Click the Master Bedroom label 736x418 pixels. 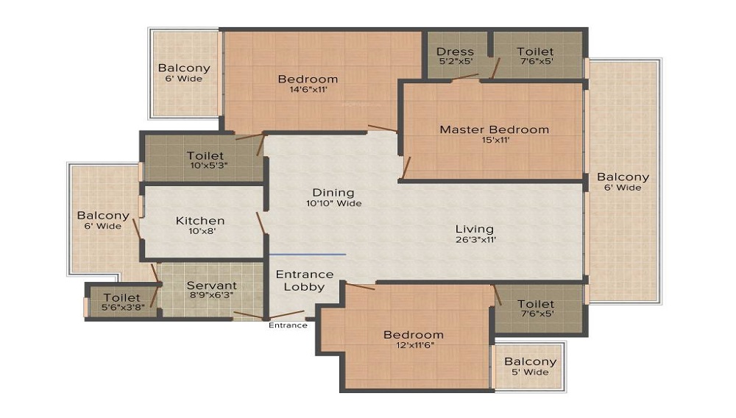(495, 130)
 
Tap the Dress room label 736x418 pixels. (455, 52)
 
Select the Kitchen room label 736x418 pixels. (200, 221)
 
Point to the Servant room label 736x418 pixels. (212, 286)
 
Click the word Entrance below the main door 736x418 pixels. (288, 325)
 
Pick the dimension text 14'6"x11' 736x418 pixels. (308, 89)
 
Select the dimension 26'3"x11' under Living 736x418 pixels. (475, 239)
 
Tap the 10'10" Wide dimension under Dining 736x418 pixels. (333, 203)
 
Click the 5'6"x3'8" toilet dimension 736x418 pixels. (122, 308)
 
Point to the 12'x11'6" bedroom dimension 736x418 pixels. (415, 345)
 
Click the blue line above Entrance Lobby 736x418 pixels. (308, 255)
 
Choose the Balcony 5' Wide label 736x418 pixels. (530, 366)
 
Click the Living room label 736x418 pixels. (475, 229)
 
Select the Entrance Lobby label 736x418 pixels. (305, 280)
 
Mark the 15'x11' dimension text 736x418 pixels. (495, 140)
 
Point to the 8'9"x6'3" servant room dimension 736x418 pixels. (213, 296)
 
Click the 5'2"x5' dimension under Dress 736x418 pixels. (456, 61)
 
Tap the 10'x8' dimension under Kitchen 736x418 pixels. (202, 231)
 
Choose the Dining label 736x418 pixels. (333, 193)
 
